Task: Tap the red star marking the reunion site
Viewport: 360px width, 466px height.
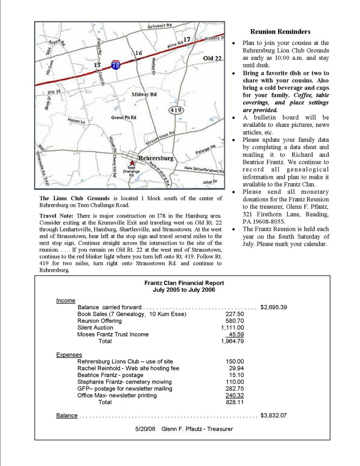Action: (132, 161)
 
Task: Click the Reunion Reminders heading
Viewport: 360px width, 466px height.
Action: (280, 32)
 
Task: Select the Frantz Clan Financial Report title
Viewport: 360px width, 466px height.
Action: (184, 283)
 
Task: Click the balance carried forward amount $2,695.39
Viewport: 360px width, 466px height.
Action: (274, 307)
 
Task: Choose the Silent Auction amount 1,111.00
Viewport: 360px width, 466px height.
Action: (232, 328)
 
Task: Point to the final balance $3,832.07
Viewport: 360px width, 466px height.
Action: (274, 415)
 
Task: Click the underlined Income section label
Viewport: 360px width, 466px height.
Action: (65, 300)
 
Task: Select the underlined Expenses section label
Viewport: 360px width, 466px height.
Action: (69, 355)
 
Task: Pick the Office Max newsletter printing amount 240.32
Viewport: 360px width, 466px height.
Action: (235, 395)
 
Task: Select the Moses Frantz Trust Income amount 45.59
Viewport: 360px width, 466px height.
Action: (236, 335)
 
